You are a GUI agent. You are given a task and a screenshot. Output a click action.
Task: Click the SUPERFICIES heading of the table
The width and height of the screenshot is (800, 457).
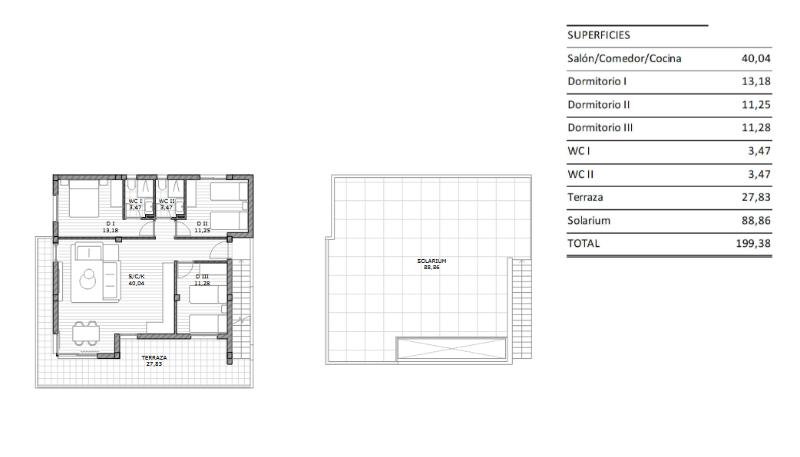click(598, 35)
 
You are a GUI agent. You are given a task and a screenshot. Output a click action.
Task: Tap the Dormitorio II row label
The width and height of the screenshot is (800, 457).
click(598, 105)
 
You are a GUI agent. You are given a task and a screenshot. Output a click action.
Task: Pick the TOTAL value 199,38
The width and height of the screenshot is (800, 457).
click(752, 244)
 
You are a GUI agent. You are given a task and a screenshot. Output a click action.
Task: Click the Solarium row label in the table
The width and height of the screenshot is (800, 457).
click(589, 221)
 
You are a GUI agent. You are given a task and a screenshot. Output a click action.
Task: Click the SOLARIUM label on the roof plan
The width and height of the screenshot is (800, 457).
click(431, 261)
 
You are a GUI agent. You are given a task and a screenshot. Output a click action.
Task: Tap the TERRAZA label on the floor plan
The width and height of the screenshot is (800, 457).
click(154, 358)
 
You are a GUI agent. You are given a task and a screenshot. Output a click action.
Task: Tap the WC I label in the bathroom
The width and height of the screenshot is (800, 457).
click(135, 201)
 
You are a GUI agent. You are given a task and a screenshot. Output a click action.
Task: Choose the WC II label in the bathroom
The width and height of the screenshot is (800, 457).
click(167, 201)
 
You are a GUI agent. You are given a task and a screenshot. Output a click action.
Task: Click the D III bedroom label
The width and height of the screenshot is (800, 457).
click(202, 277)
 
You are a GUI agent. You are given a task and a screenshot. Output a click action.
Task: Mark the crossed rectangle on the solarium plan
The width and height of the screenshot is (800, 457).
click(451, 348)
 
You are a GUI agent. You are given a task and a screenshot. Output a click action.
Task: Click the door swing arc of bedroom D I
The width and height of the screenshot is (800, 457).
click(145, 232)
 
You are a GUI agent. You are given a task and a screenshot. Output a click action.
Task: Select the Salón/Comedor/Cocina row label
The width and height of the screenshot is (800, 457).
click(624, 58)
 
